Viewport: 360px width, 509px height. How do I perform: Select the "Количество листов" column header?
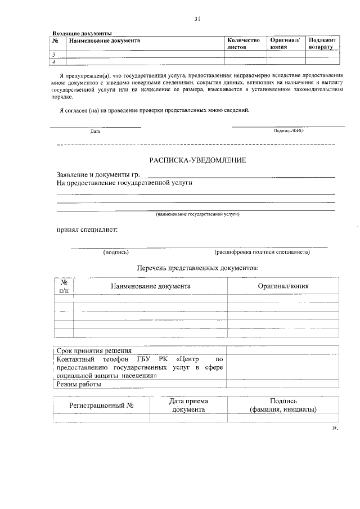click(244, 44)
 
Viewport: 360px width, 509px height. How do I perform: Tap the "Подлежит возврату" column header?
click(323, 44)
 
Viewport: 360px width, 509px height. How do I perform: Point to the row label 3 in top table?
click(54, 55)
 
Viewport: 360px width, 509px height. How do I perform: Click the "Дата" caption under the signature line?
click(95, 132)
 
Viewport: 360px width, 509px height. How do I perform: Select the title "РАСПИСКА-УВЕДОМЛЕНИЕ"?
click(197, 161)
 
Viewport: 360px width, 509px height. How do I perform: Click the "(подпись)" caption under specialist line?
click(116, 252)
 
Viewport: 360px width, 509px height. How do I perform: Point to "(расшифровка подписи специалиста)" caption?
click(262, 252)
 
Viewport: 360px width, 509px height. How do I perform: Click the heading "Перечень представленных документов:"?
click(197, 268)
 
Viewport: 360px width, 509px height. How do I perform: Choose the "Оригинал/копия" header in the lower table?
click(283, 286)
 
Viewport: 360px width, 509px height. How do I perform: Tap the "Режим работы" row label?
click(79, 385)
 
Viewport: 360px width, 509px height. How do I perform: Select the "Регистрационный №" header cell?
click(101, 405)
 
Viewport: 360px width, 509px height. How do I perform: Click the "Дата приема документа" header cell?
click(188, 406)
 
